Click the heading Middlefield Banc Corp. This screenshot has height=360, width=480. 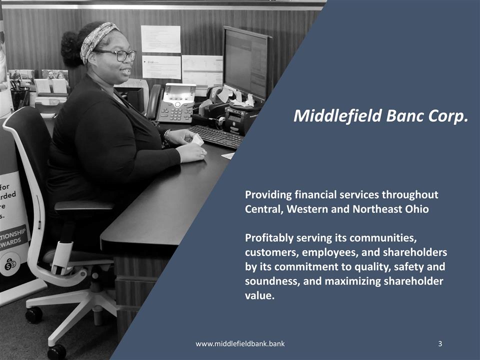(381, 116)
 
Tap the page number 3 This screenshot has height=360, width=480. (439, 343)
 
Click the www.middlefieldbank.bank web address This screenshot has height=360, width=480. (240, 343)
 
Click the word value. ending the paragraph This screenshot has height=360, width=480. (259, 295)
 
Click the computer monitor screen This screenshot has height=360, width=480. (245, 62)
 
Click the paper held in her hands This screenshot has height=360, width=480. (197, 140)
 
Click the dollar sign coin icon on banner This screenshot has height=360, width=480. (10, 265)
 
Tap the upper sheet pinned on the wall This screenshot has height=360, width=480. (160, 38)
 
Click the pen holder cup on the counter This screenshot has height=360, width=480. (19, 97)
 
